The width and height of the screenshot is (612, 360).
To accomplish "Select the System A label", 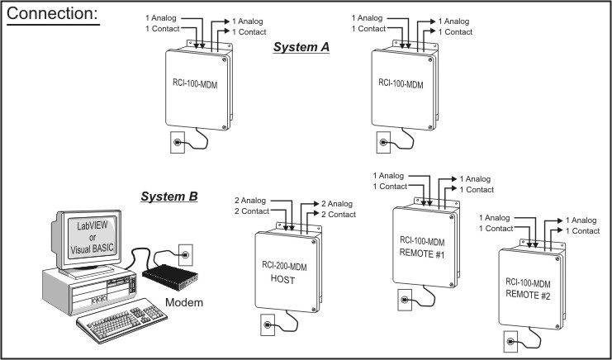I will point(301,48).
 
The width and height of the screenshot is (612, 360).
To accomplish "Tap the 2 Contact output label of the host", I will point(337,215).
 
